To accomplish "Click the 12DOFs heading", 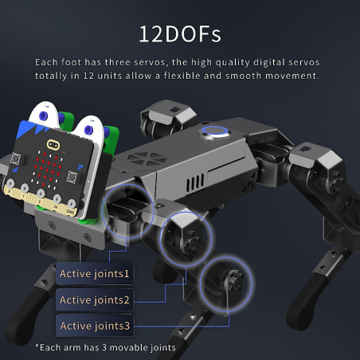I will (x=179, y=34).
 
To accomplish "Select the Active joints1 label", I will (x=94, y=275).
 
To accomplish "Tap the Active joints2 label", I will (x=94, y=300).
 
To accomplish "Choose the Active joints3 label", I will (x=94, y=325).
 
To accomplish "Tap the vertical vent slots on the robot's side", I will (x=192, y=182).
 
